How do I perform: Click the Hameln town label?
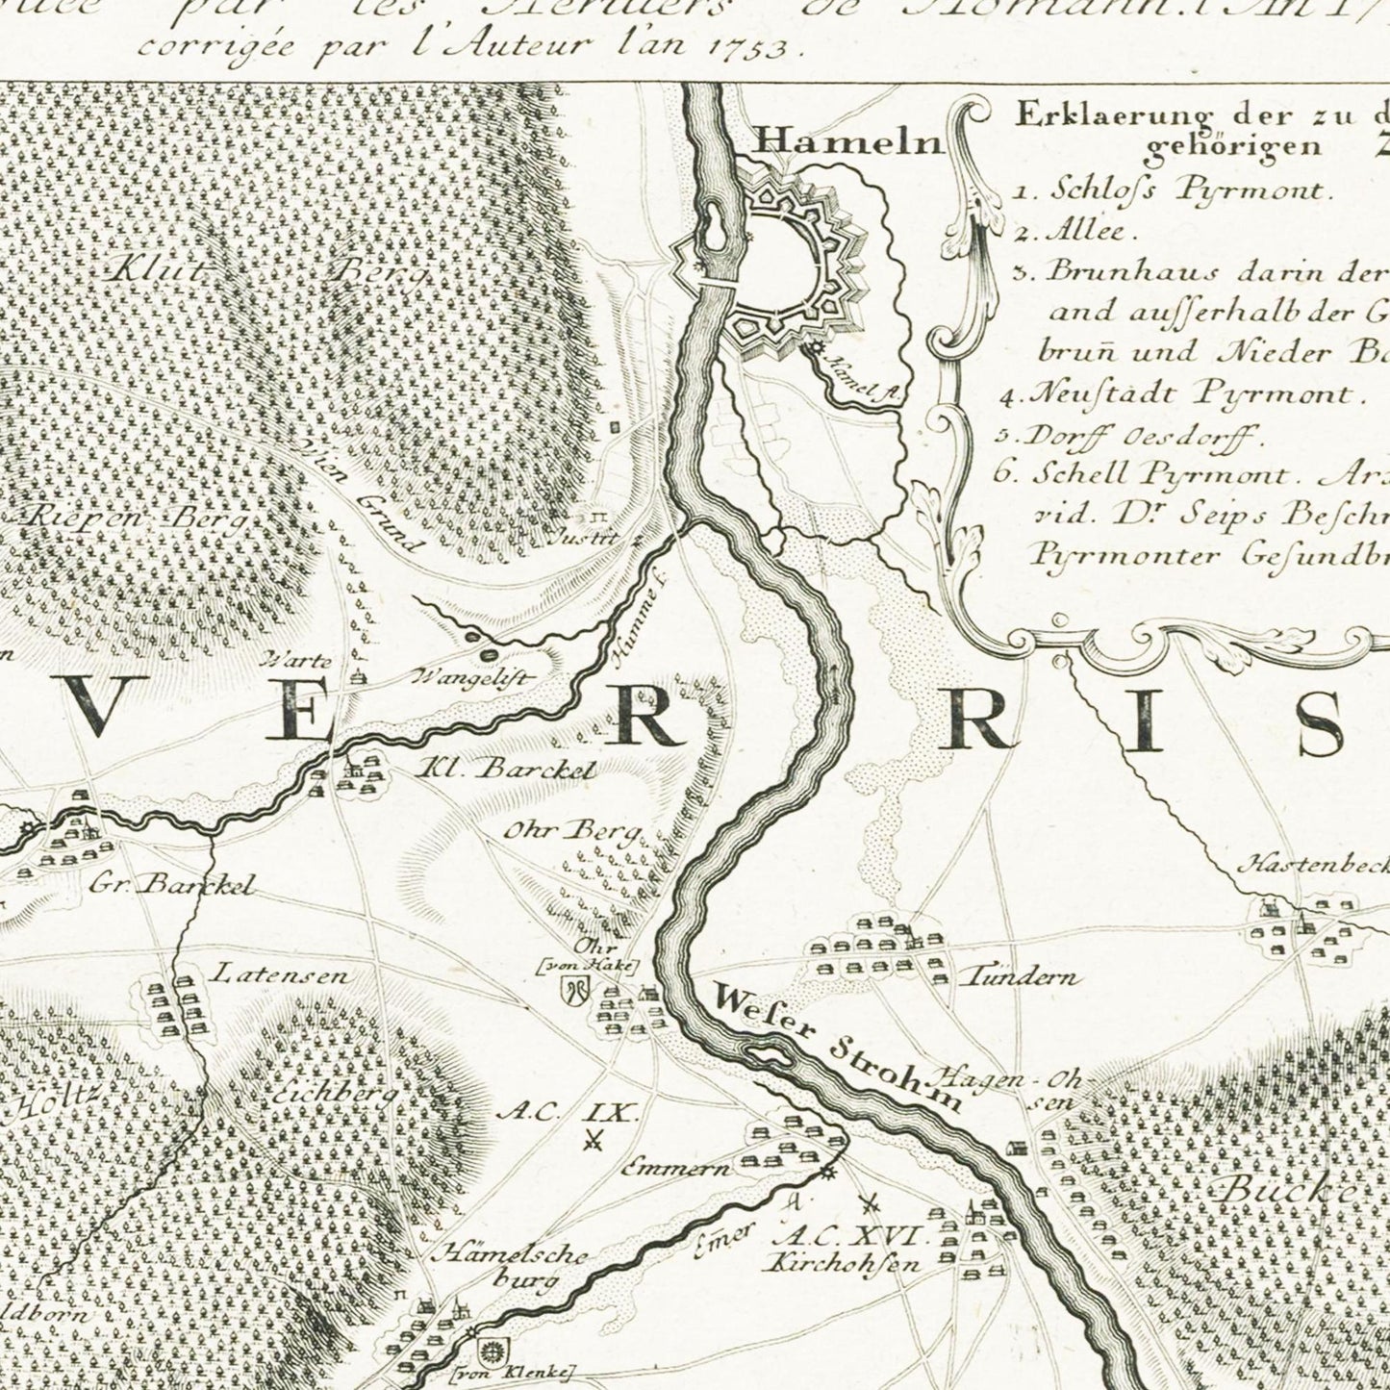(x=847, y=142)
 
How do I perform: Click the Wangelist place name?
(x=471, y=677)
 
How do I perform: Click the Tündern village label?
(x=1020, y=977)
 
